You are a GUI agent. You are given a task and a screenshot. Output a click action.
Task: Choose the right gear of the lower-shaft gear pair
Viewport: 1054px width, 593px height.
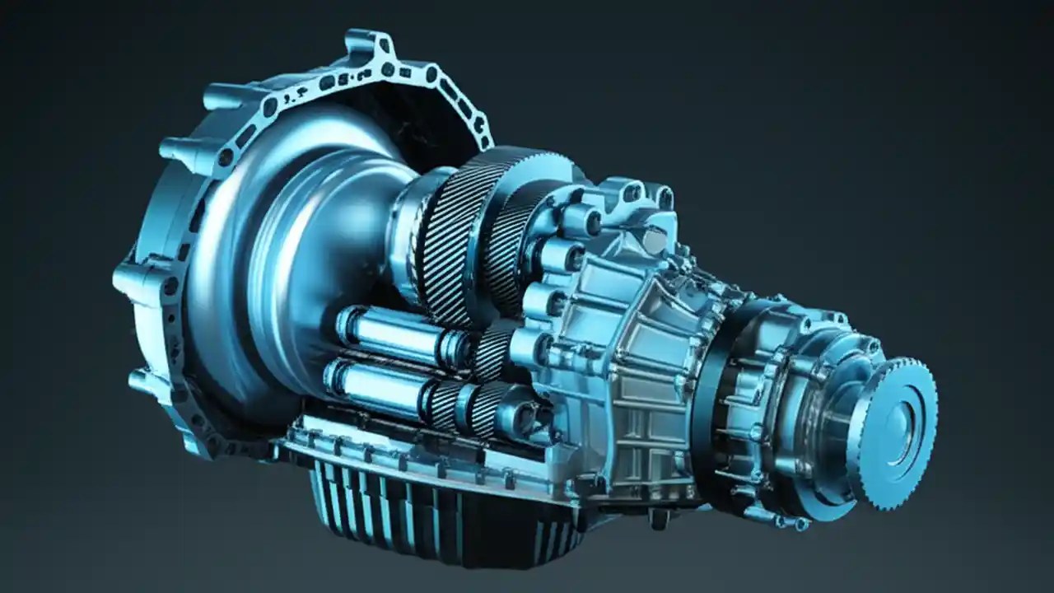pos(486,408)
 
